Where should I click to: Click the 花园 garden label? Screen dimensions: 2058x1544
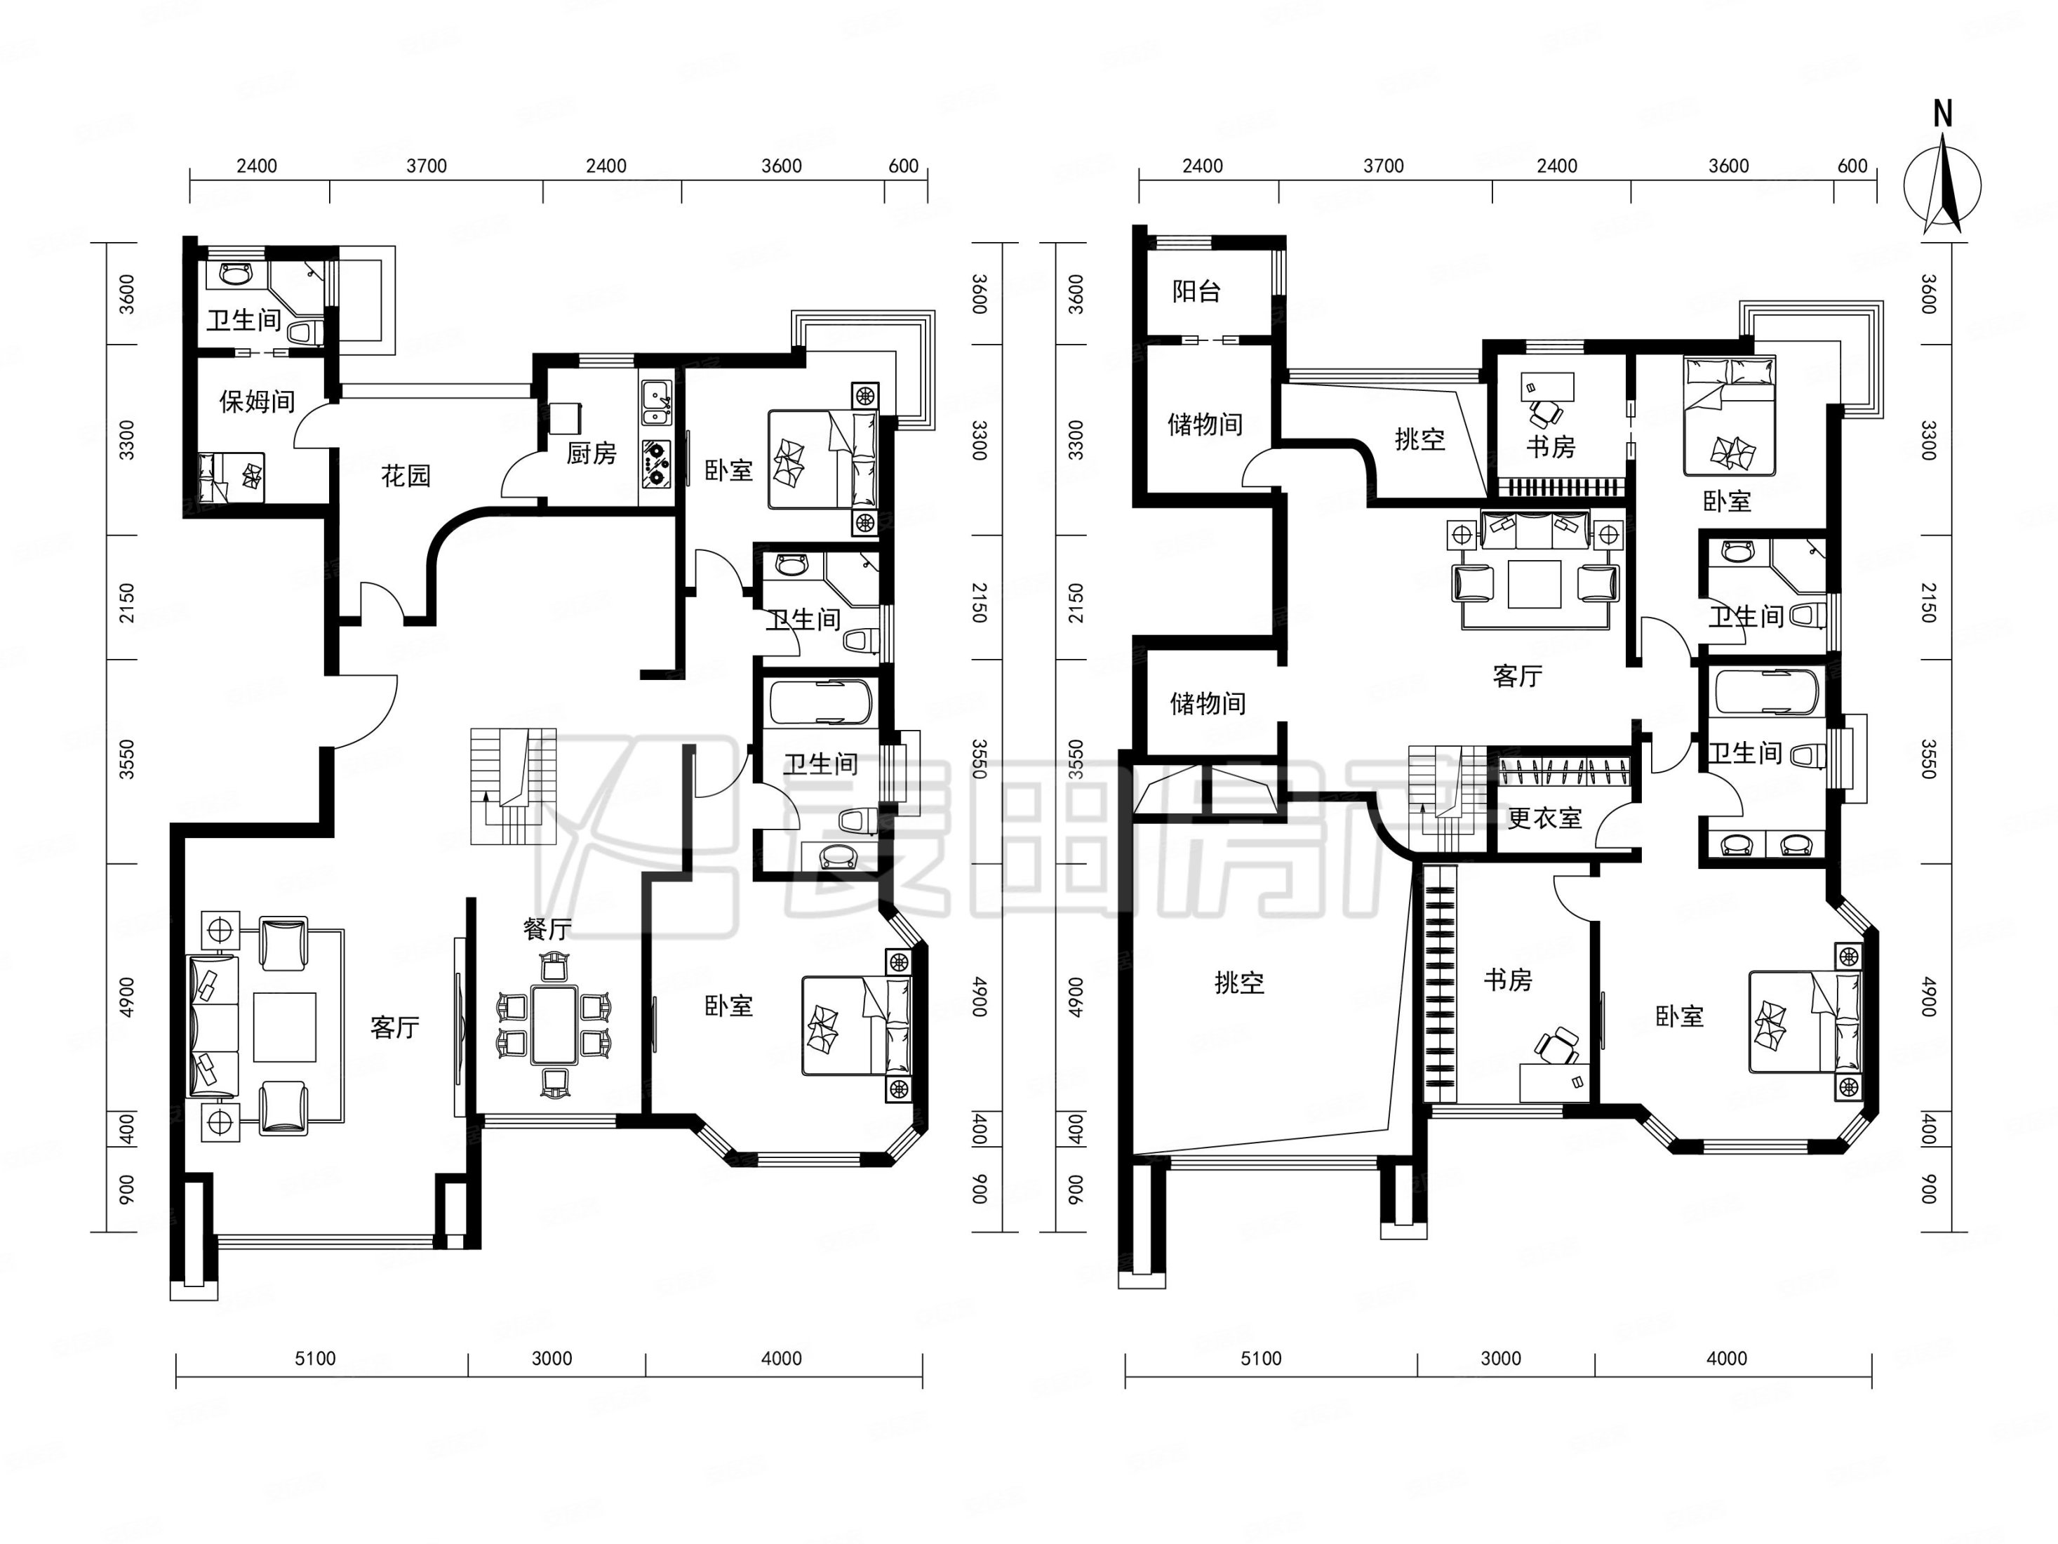coord(406,476)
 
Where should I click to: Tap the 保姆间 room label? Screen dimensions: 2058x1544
coord(257,401)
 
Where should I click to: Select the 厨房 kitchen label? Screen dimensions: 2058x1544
coord(592,453)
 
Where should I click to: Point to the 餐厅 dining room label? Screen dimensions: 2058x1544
coord(547,928)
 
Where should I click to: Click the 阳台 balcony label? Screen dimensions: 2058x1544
coord(1196,291)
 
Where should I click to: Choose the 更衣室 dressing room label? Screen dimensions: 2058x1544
coord(1544,818)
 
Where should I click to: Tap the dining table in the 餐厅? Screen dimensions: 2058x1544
coord(554,1025)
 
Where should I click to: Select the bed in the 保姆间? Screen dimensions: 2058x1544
coord(231,477)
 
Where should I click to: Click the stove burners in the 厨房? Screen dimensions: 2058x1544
coord(657,462)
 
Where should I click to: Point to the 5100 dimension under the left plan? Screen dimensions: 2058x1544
coord(315,1359)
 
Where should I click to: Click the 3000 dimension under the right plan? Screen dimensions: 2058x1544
coord(1501,1359)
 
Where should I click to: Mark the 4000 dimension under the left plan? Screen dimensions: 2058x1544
coord(782,1359)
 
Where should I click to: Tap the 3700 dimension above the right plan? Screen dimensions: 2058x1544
coord(1384,166)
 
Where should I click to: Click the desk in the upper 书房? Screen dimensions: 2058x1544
coord(1547,385)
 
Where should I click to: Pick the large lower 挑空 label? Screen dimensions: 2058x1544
coord(1239,982)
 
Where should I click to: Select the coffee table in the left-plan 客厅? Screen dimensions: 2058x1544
coord(285,1027)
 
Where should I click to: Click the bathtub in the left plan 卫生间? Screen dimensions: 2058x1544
coord(820,703)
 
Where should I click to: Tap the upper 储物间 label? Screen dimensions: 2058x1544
coord(1205,425)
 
